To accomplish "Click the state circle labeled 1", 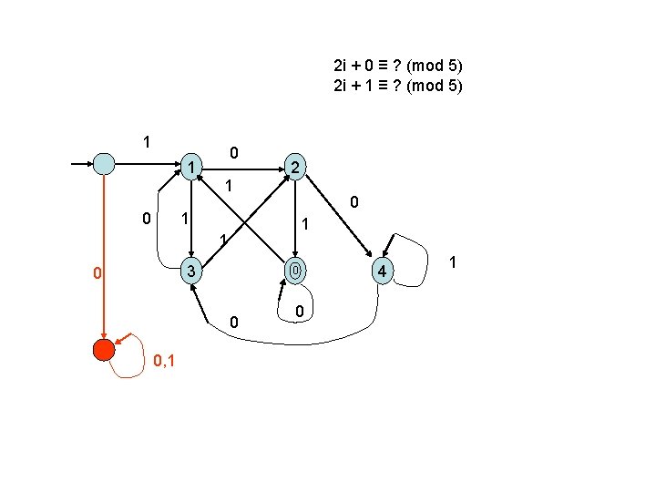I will tap(190, 166).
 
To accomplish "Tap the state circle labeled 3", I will tap(190, 272).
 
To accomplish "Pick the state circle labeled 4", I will tap(384, 272).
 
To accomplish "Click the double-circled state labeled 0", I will tap(292, 272).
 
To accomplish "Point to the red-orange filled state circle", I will tap(104, 350).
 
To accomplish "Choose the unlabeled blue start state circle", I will tap(105, 165).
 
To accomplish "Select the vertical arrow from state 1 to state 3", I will tap(190, 219).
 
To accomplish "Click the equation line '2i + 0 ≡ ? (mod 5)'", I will tap(398, 66).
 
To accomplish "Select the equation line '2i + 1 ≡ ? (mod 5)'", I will tap(398, 87).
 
